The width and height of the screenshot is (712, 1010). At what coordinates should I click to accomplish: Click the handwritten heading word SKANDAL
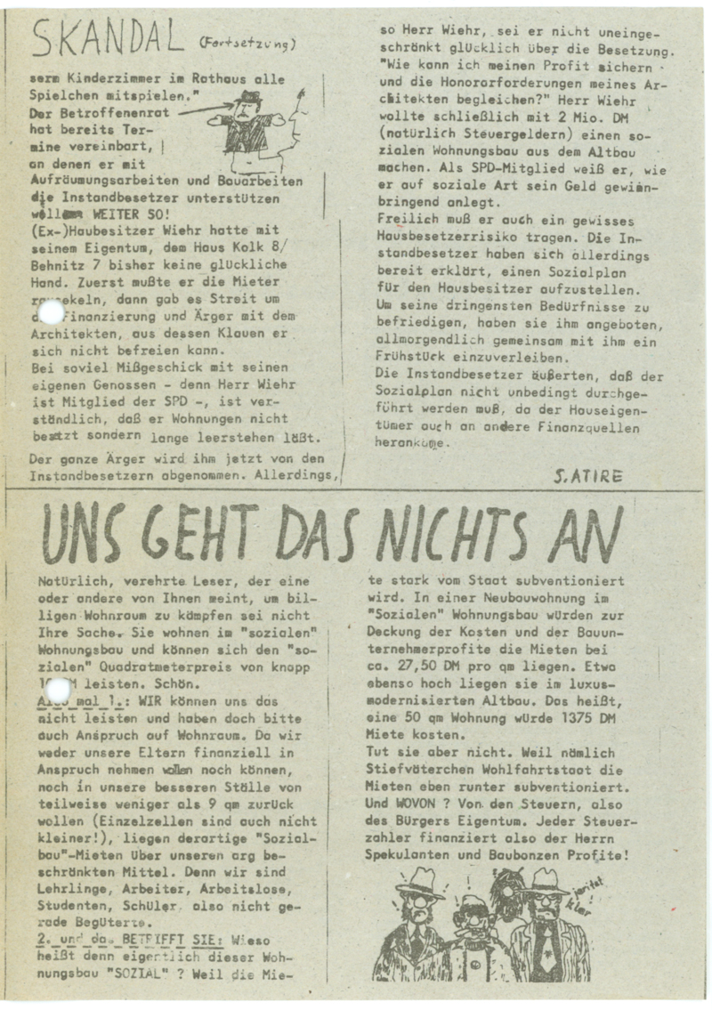click(105, 40)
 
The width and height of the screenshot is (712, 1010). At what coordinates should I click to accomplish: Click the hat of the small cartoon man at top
click(248, 97)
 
